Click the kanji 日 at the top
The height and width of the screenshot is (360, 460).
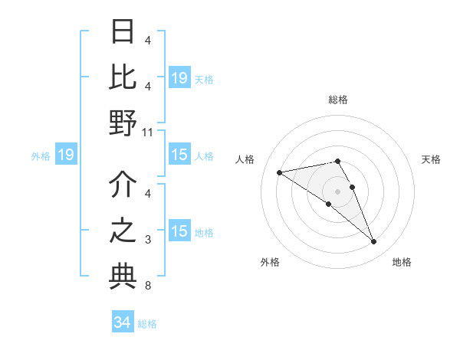click(x=123, y=32)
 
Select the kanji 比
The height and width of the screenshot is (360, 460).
click(x=123, y=77)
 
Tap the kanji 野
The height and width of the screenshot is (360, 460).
click(x=123, y=123)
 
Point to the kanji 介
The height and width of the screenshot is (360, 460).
click(x=123, y=185)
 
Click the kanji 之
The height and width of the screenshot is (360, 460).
click(x=123, y=231)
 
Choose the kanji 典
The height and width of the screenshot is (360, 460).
click(x=123, y=277)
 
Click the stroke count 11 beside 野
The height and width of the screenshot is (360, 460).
click(x=148, y=132)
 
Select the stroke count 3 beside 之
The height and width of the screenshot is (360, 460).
click(x=148, y=241)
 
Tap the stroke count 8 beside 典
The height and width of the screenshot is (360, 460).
click(x=148, y=286)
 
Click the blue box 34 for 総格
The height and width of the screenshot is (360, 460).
click(x=122, y=323)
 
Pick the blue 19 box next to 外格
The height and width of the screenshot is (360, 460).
click(x=66, y=155)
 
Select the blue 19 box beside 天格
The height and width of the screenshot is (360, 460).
click(x=179, y=78)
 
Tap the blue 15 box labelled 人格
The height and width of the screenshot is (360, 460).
click(x=179, y=155)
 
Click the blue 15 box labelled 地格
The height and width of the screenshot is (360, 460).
click(x=179, y=232)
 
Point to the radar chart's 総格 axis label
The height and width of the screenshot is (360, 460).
click(x=338, y=100)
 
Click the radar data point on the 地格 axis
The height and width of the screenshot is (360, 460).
click(x=374, y=242)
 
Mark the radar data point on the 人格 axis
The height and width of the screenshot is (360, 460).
click(x=280, y=172)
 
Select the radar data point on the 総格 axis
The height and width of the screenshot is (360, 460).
click(x=338, y=161)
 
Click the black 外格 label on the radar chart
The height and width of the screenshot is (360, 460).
click(x=270, y=263)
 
